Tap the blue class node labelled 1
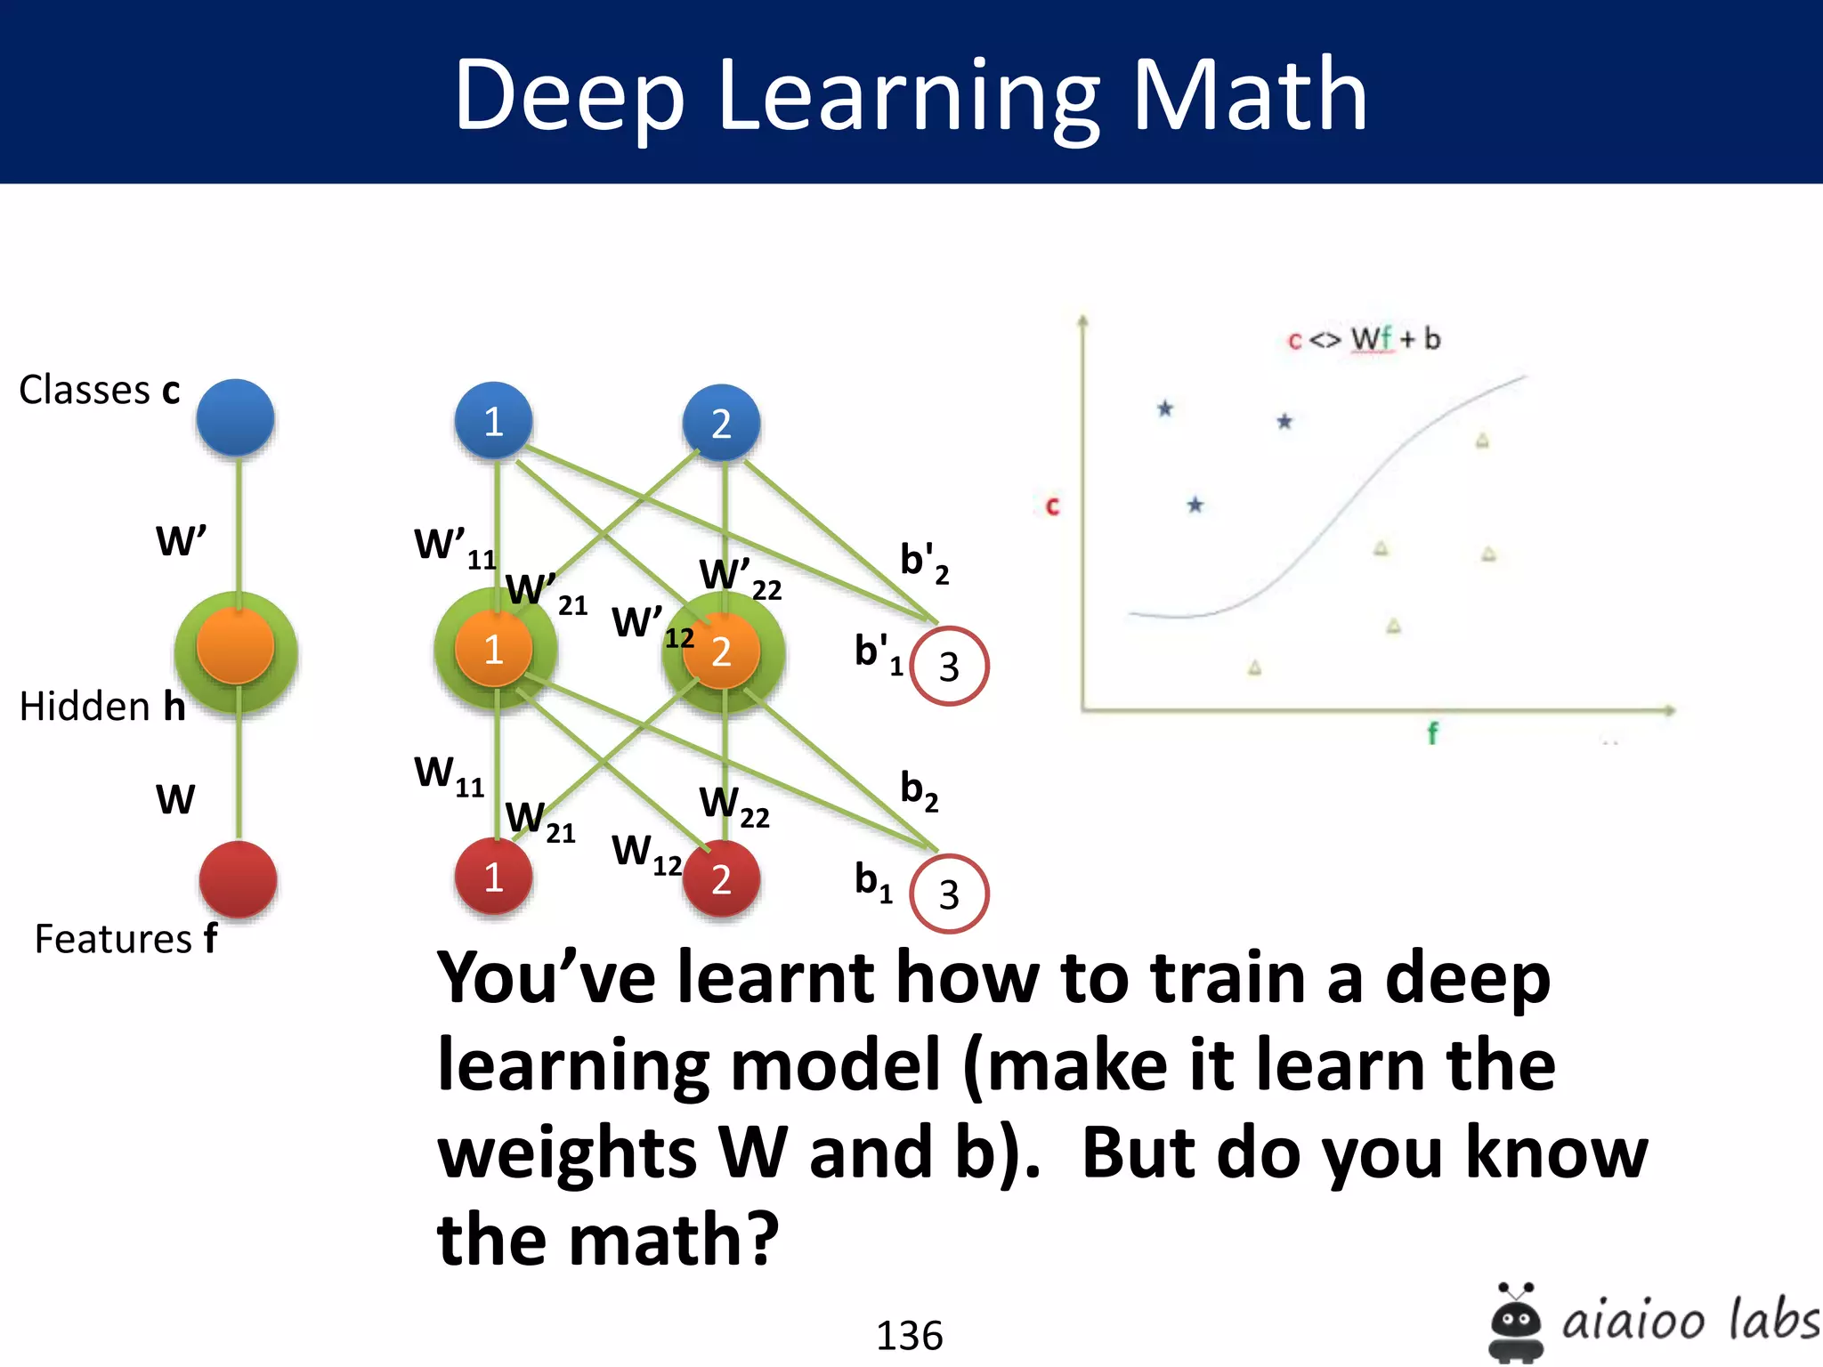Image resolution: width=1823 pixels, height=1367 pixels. tap(493, 421)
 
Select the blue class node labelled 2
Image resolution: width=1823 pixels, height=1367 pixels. tap(721, 423)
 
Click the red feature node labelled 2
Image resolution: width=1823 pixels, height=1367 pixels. tap(721, 878)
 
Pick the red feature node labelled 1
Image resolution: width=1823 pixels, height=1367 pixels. tap(493, 877)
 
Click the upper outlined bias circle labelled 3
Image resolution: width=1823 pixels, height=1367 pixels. tap(949, 667)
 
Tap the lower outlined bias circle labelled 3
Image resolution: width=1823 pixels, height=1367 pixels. tap(949, 894)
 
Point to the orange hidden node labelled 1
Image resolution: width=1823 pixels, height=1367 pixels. tap(493, 650)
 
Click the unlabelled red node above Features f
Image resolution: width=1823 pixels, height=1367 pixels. tap(238, 878)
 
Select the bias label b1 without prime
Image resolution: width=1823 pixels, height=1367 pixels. tap(873, 881)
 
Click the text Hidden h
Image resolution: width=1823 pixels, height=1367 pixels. tap(102, 707)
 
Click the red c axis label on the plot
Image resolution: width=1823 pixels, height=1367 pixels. tap(1052, 506)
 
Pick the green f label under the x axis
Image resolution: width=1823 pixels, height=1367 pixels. tap(1432, 733)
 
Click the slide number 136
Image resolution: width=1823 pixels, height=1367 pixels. tap(909, 1335)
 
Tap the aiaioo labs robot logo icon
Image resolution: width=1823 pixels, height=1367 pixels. tap(1515, 1322)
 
